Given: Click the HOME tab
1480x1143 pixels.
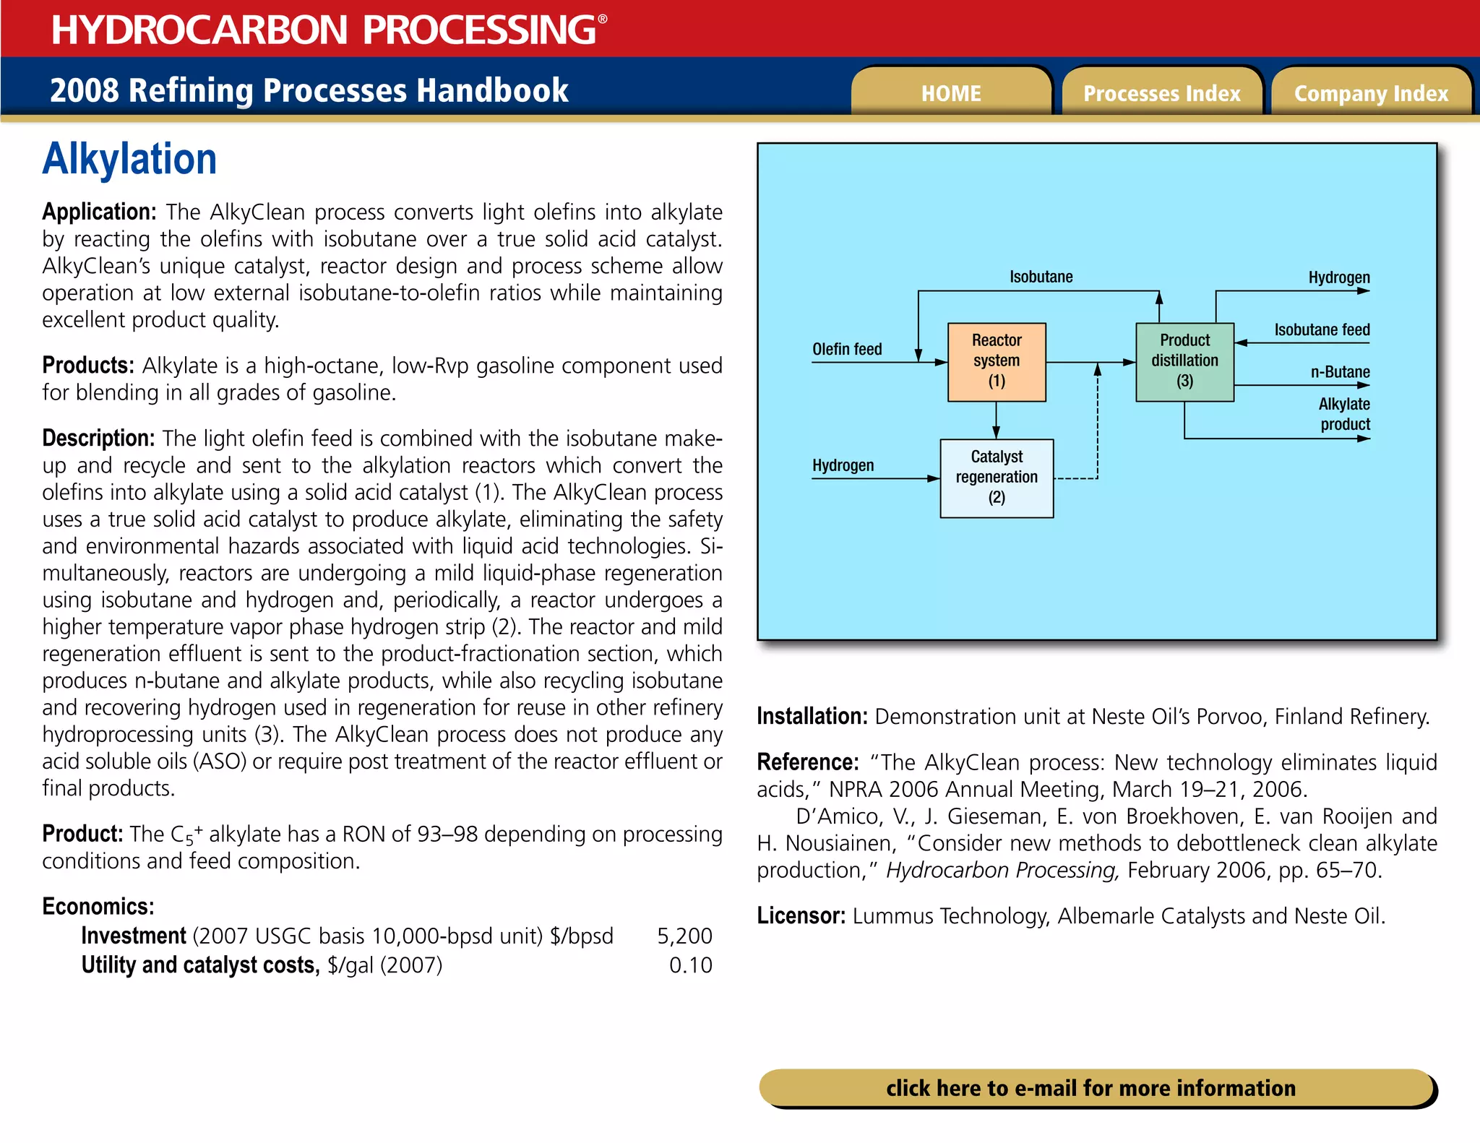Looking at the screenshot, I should point(951,93).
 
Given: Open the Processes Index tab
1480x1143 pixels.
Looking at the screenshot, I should point(1161,93).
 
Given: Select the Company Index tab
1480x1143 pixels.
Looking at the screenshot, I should point(1371,93).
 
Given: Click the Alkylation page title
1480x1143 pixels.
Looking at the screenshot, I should point(129,159).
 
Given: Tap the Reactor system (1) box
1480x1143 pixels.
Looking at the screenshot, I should point(997,361).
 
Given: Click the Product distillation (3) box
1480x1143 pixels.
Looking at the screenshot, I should point(1184,361).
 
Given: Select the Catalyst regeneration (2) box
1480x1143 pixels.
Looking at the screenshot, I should point(997,478).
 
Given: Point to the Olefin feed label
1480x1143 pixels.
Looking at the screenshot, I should point(847,349).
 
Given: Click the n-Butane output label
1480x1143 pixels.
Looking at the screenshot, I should point(1340,372).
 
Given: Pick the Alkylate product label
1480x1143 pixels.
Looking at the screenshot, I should point(1344,414).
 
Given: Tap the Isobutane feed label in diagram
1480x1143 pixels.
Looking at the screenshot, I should point(1322,330).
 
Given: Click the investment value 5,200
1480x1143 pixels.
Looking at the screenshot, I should point(684,936).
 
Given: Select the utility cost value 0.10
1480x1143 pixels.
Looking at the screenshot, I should point(690,965).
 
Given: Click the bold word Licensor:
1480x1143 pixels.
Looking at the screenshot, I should point(801,916).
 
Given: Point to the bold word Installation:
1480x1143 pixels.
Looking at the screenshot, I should point(812,717).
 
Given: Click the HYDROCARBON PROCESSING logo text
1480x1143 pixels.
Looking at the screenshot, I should point(324,30).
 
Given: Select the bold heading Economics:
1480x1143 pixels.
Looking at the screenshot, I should point(98,907).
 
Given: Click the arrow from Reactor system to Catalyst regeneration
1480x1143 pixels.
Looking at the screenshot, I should point(996,420).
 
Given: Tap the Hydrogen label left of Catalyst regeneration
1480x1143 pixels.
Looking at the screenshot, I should point(843,465).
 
